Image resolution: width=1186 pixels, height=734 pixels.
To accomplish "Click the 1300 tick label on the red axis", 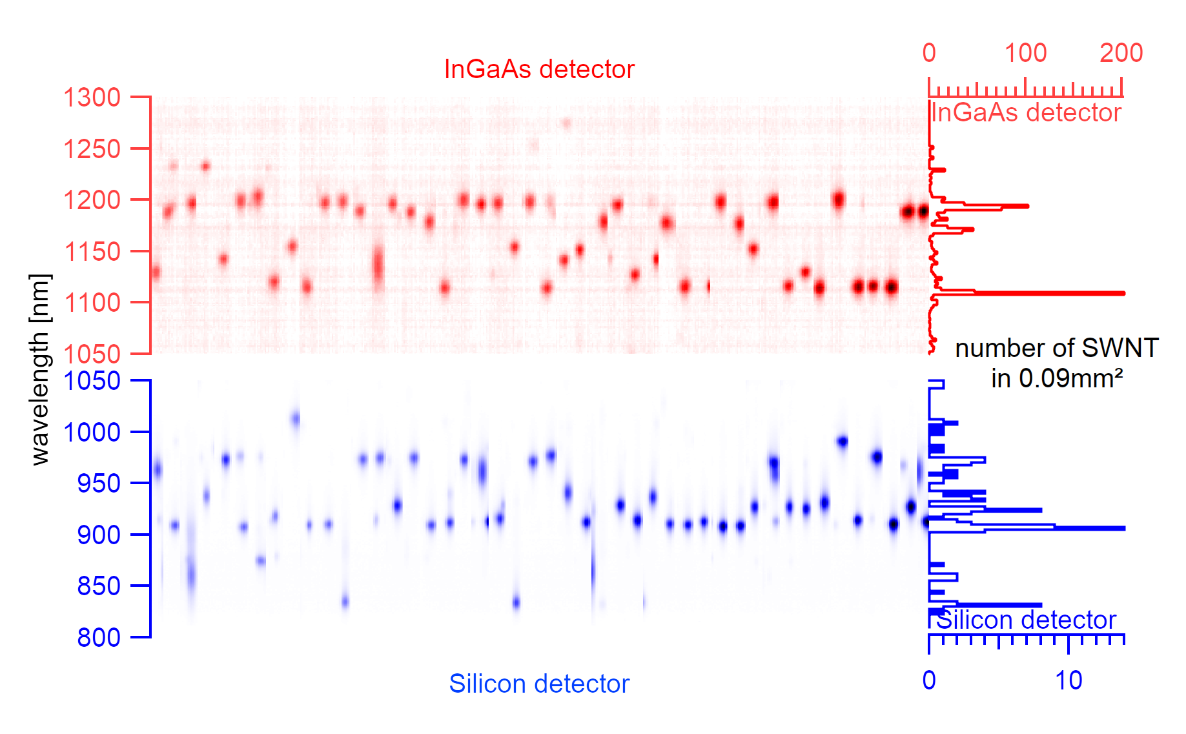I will coord(92,97).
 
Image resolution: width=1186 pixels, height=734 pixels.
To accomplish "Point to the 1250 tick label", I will coord(92,149).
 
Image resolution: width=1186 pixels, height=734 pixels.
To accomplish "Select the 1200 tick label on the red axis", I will coord(92,200).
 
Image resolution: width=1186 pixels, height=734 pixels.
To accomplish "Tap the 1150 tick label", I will coord(92,251).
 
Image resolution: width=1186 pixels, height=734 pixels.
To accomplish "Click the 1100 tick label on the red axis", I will coord(92,302).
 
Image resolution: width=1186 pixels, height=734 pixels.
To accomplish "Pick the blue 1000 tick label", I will coord(92,432).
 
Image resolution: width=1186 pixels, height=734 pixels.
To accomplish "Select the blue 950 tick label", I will coord(98,483).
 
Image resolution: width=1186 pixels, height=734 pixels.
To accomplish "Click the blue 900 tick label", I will coord(98,535).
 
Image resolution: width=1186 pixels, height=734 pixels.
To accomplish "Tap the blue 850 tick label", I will coord(98,586).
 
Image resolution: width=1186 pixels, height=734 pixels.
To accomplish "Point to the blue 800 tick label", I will coord(98,637).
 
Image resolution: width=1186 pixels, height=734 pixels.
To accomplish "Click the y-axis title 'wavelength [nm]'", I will coord(39,369).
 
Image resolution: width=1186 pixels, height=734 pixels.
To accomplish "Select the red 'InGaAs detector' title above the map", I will coord(539,69).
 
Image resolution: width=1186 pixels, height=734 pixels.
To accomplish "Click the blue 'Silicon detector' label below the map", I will coord(539,684).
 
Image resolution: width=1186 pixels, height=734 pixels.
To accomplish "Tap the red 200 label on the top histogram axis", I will coord(1121,53).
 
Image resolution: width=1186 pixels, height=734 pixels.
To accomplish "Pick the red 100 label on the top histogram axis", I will coord(1025,53).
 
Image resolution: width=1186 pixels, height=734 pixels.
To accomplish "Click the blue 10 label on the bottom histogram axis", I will coord(1068,680).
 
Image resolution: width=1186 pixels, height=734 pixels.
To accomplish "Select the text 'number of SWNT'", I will coord(1056,348).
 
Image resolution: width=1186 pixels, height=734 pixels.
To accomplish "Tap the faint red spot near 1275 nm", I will coord(567,123).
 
